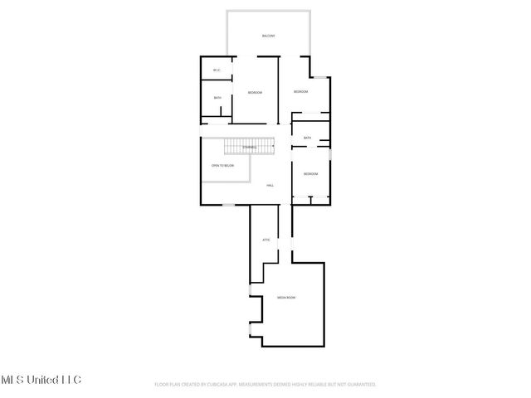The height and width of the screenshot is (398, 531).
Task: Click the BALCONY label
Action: (x=268, y=36)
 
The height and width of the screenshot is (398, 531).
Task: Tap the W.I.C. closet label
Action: (x=217, y=70)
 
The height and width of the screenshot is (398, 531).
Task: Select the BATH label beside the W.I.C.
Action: (x=217, y=98)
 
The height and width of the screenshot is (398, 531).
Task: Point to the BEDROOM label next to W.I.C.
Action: (x=255, y=92)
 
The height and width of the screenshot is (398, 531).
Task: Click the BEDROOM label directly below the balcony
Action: (x=300, y=91)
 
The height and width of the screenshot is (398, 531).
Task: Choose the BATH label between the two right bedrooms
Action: (x=308, y=138)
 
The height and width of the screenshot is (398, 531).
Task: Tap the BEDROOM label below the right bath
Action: (x=311, y=173)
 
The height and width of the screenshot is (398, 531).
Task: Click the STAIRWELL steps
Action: (x=249, y=147)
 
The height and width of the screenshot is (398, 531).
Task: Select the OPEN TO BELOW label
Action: (x=222, y=166)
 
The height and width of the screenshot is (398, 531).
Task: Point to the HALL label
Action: (x=270, y=186)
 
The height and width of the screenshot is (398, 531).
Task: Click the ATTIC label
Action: (x=266, y=240)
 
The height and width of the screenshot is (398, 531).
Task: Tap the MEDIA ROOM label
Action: (x=286, y=296)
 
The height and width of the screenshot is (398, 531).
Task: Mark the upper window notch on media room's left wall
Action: (x=251, y=292)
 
